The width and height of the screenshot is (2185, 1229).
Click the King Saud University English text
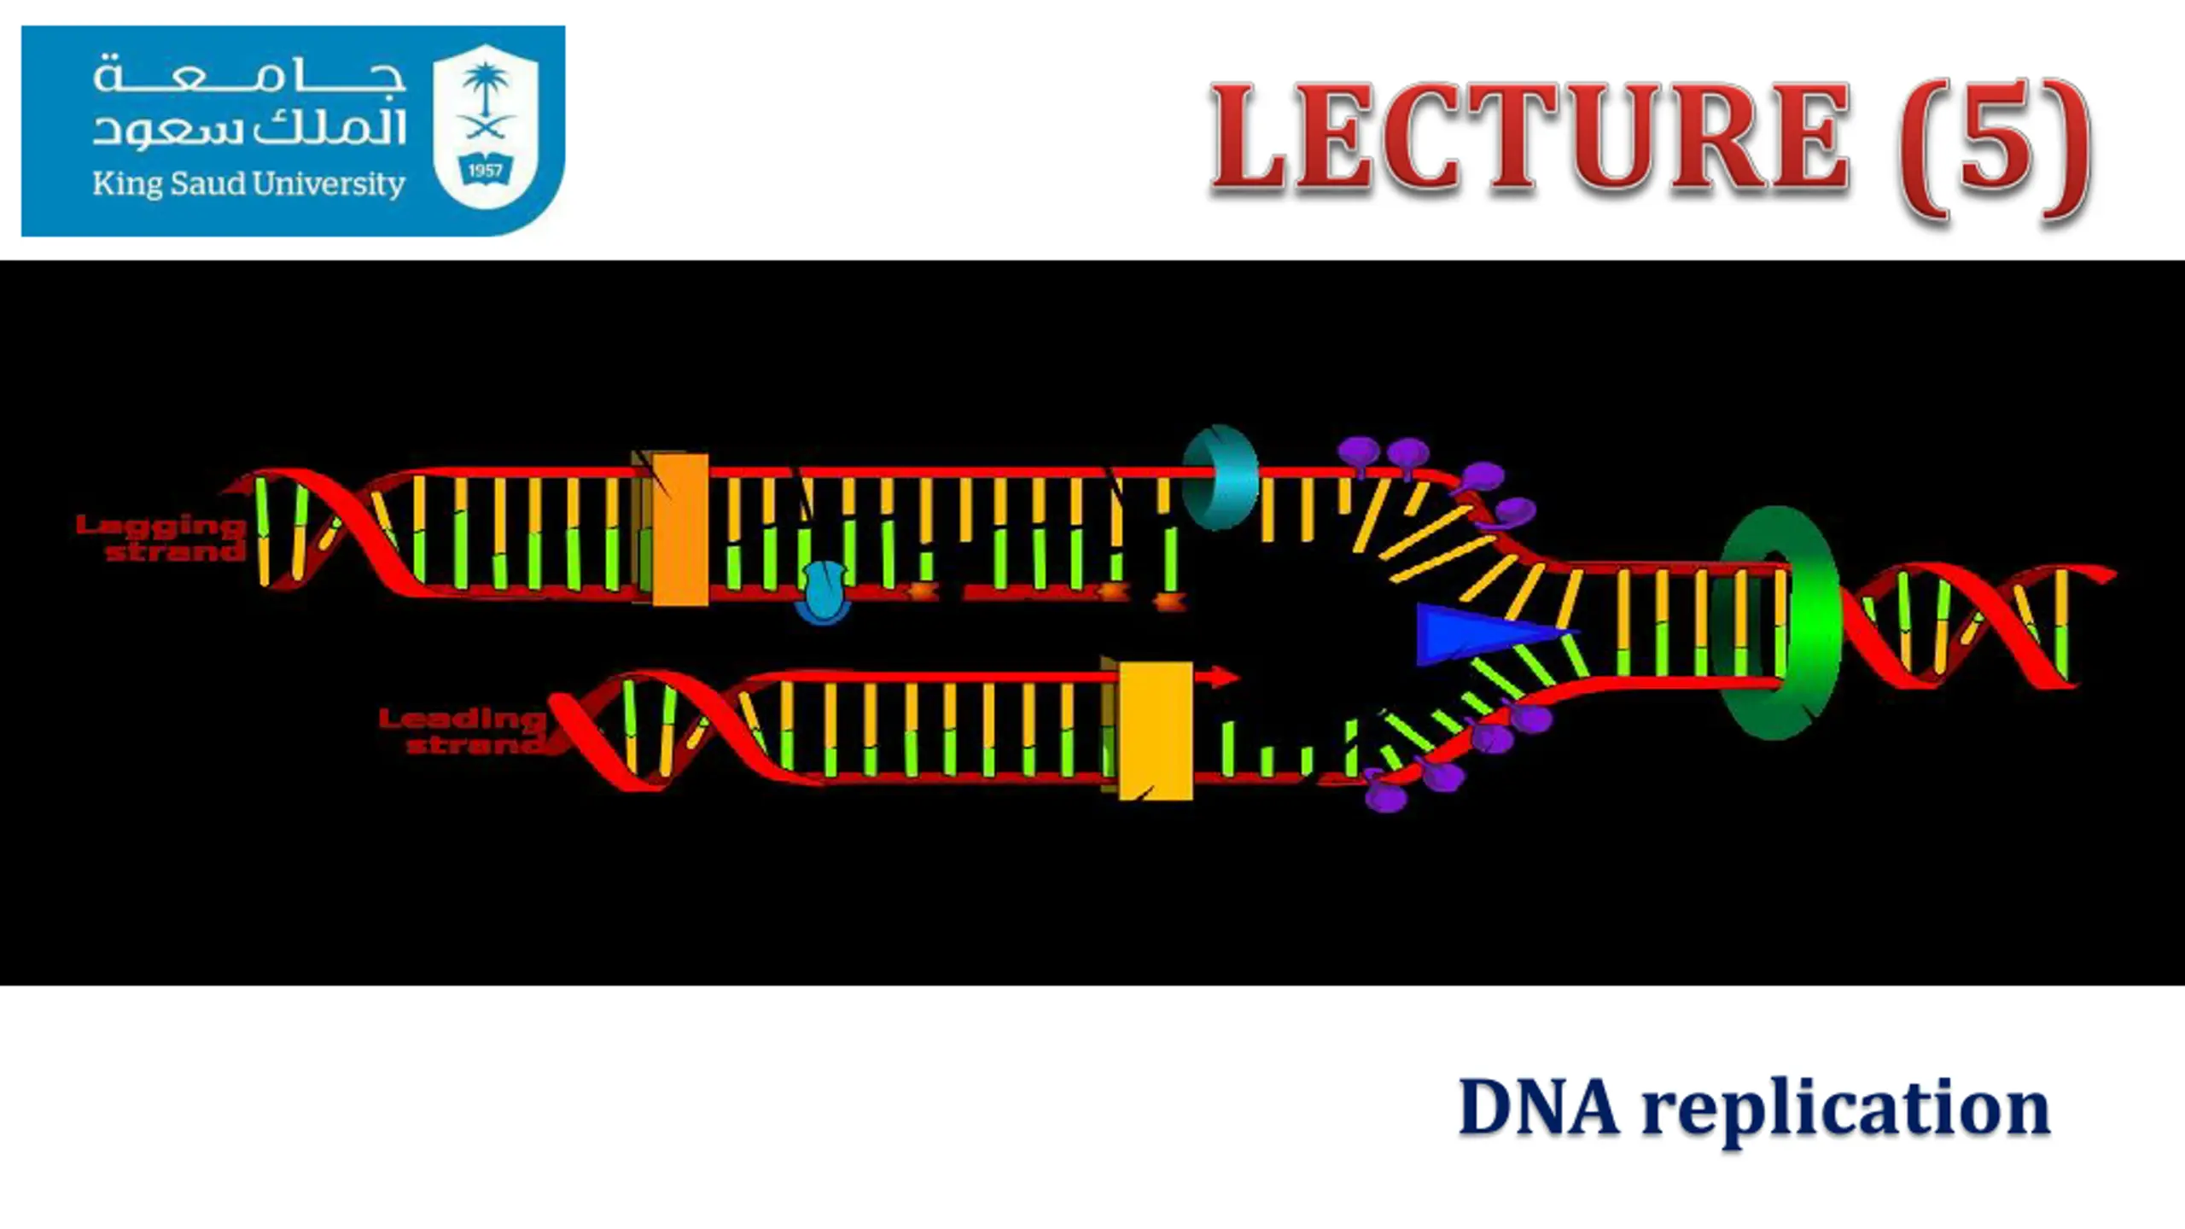click(248, 184)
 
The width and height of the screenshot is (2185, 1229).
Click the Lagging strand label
click(160, 538)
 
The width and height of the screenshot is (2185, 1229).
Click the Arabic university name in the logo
click(248, 101)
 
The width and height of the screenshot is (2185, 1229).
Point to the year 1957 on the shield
click(485, 170)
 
